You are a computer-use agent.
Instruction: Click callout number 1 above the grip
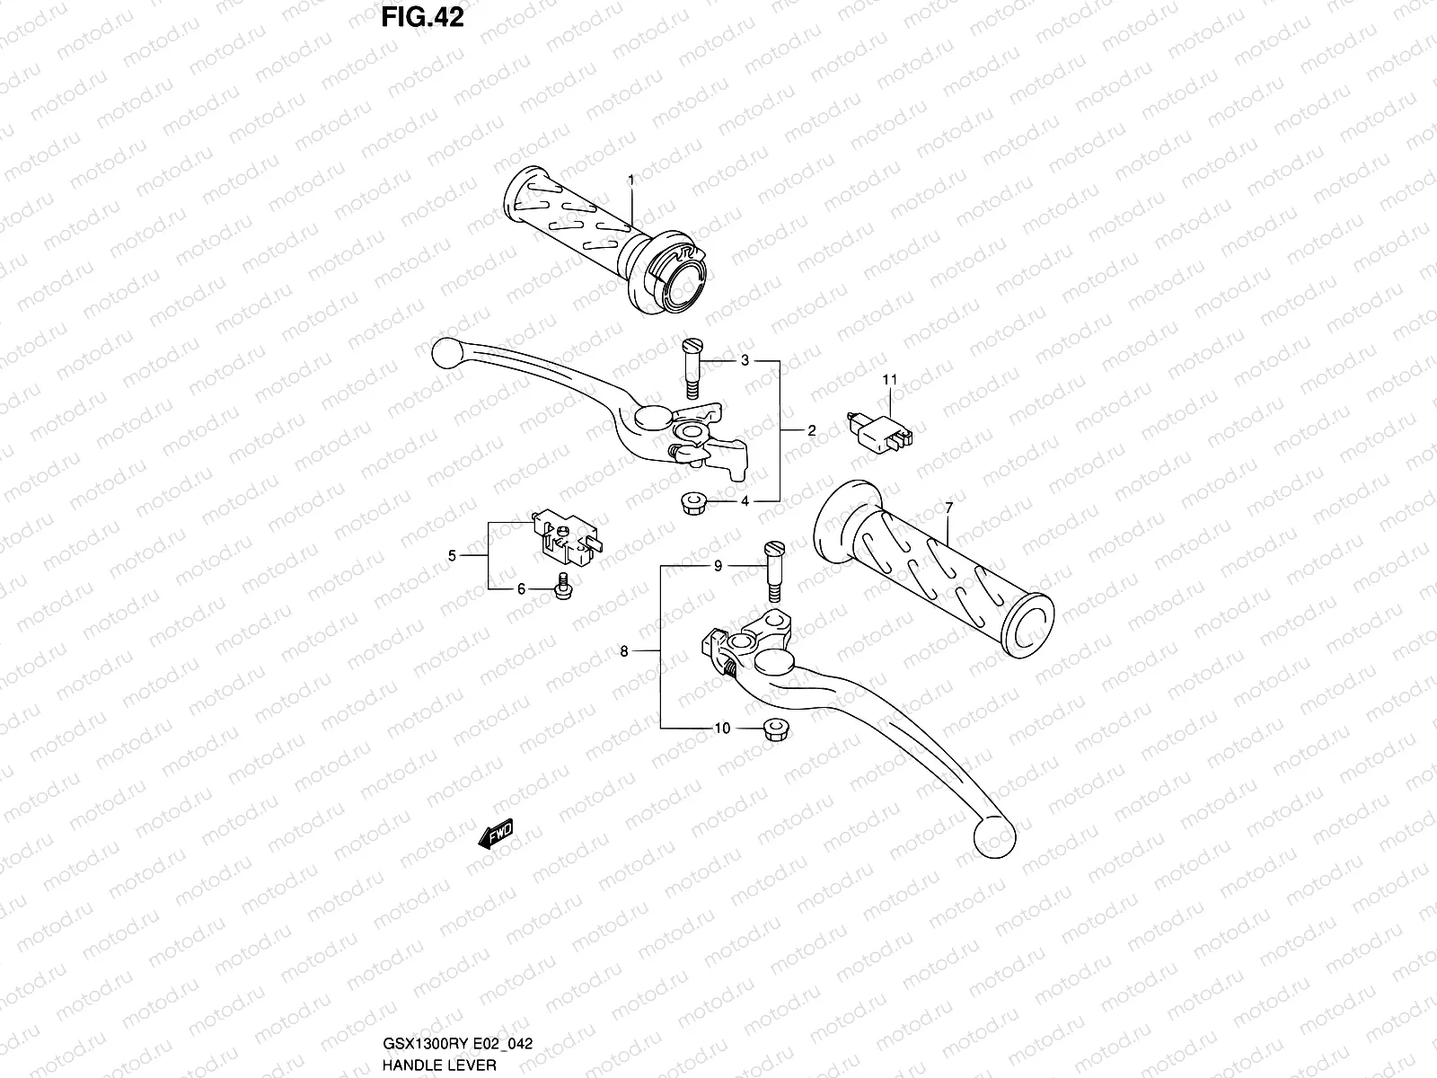coord(631,180)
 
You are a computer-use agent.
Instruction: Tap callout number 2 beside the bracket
coord(811,431)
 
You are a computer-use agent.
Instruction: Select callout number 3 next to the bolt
coord(745,361)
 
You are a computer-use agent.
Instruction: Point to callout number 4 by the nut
coord(745,501)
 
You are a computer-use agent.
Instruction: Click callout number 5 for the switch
coord(453,556)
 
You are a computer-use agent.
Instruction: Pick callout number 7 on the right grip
coord(949,508)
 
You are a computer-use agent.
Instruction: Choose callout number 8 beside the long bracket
coord(624,651)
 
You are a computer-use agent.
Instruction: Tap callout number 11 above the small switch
coord(889,380)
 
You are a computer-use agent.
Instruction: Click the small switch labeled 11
coord(883,429)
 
